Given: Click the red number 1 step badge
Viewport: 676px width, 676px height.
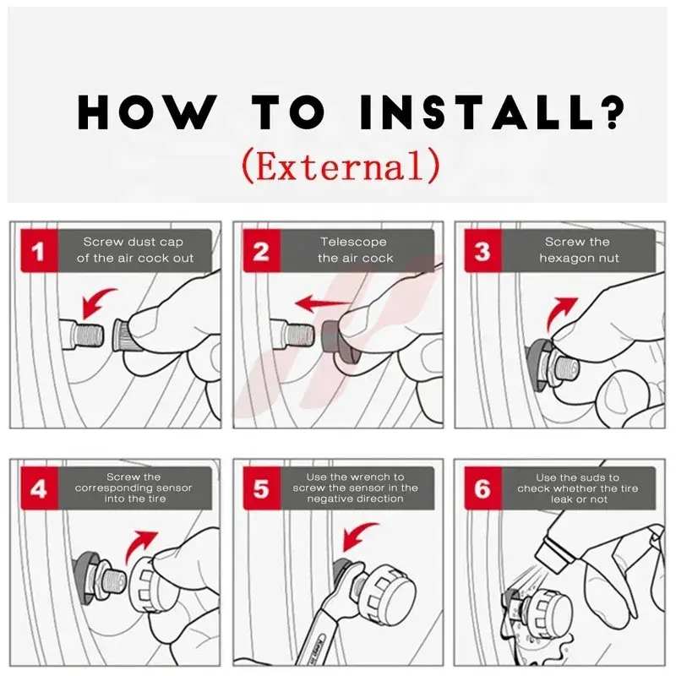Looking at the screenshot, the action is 39,250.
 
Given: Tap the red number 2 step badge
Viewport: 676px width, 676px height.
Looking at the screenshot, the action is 262,250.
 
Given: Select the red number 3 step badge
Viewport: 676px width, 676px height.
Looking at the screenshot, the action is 482,250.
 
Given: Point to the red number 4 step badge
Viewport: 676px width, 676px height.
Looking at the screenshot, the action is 39,488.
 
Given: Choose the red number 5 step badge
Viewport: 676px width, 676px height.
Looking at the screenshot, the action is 262,488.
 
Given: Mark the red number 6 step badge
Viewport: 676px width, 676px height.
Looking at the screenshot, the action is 482,488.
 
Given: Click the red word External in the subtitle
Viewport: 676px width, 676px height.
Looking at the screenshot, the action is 341,166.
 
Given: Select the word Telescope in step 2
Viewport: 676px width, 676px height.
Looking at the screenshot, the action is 353,242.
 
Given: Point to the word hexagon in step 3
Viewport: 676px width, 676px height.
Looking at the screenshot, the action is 564,259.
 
